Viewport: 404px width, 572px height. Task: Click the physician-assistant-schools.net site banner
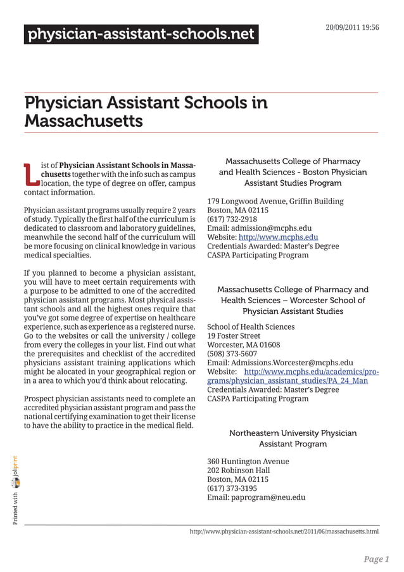pos(141,34)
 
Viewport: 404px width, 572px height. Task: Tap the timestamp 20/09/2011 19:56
pos(352,28)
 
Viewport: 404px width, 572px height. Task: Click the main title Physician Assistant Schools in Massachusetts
pos(146,111)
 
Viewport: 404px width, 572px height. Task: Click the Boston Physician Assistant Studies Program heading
pos(293,172)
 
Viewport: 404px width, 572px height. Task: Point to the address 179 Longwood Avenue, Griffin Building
pos(275,201)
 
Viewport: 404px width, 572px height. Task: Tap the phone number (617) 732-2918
pos(232,219)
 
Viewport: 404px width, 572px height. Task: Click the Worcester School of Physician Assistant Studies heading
pos(293,300)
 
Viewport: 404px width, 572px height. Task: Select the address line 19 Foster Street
pos(234,335)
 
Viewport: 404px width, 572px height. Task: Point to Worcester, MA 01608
pos(243,344)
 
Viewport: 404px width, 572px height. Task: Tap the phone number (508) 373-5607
pos(232,354)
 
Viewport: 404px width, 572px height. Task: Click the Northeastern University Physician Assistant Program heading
pos(293,438)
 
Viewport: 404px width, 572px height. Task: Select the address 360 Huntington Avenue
pos(248,461)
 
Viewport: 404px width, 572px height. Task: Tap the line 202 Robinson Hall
pos(238,470)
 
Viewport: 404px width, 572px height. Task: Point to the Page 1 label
pos(376,559)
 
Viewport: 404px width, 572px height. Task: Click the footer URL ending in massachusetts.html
pos(284,531)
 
